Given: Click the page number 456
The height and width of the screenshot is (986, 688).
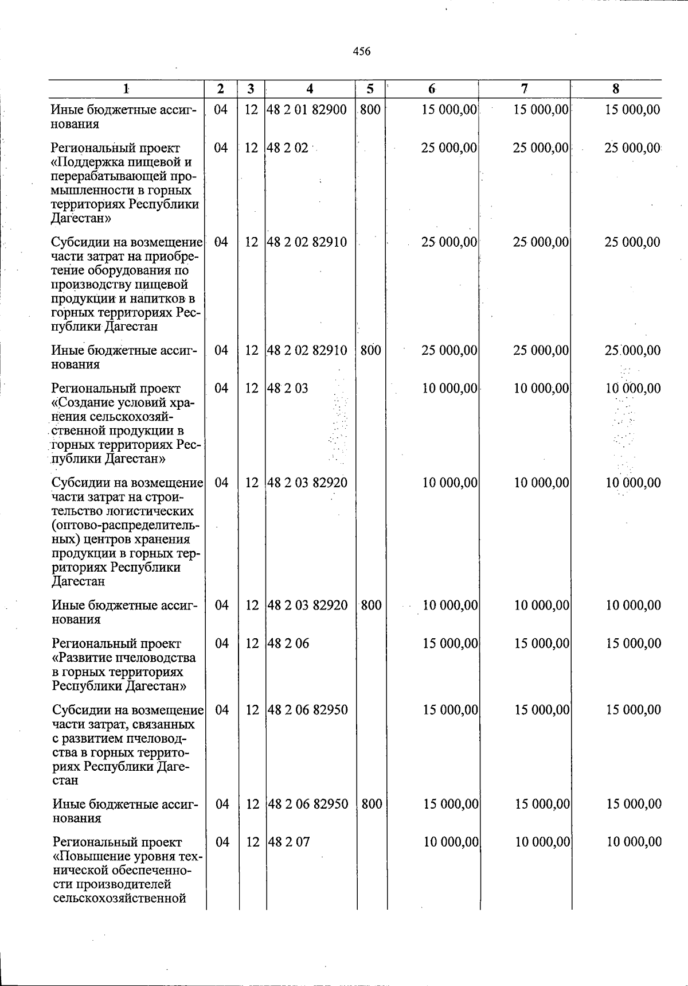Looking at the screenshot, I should tap(361, 52).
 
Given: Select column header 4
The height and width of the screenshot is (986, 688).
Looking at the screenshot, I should tap(310, 89).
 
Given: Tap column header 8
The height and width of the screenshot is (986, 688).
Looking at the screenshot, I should tap(616, 89).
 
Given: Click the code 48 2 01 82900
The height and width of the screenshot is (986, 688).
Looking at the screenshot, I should tap(307, 110).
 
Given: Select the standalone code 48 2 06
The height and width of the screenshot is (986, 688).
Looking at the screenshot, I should tap(288, 644).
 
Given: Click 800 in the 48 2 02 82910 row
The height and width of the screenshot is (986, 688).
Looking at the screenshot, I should tap(371, 350).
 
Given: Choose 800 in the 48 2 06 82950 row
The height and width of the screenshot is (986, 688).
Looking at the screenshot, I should tap(372, 804).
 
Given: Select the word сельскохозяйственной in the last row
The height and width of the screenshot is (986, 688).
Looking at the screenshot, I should tap(120, 898).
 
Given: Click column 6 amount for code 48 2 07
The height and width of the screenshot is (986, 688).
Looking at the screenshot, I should tap(451, 842).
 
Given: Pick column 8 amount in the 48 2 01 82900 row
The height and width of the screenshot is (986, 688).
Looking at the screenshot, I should tap(632, 110).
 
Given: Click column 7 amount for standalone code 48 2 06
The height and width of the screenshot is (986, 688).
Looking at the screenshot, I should tap(542, 644).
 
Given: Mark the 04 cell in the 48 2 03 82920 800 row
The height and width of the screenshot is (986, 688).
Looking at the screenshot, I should tap(221, 605).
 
